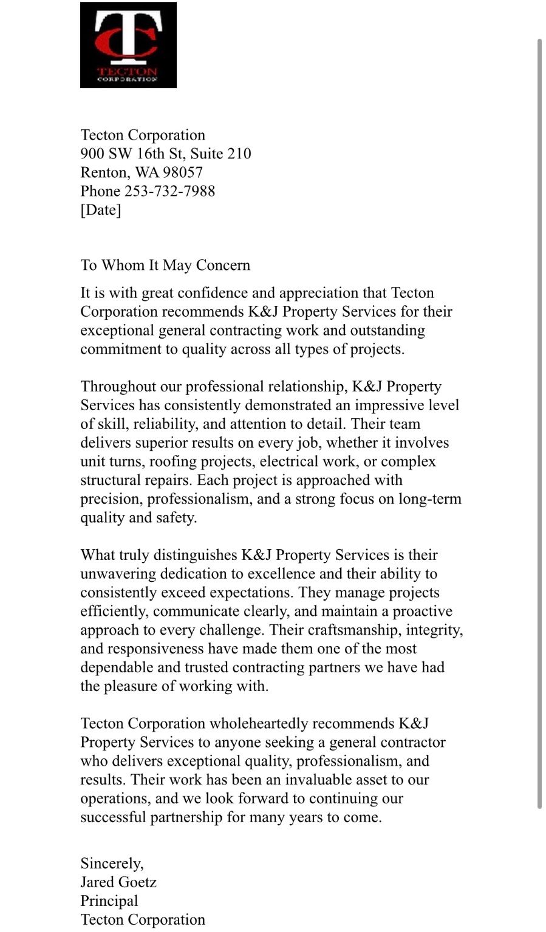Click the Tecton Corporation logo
pos(128,45)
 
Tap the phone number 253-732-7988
pos(169,191)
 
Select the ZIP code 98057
pos(182,172)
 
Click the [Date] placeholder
pos(101,210)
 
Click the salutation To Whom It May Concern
pos(165,265)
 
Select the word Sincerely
pos(112,863)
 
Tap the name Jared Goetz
pos(118,882)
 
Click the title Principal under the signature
pos(109,901)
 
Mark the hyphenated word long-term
pos(430,499)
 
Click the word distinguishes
pos(195,555)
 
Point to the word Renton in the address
pos(104,172)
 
